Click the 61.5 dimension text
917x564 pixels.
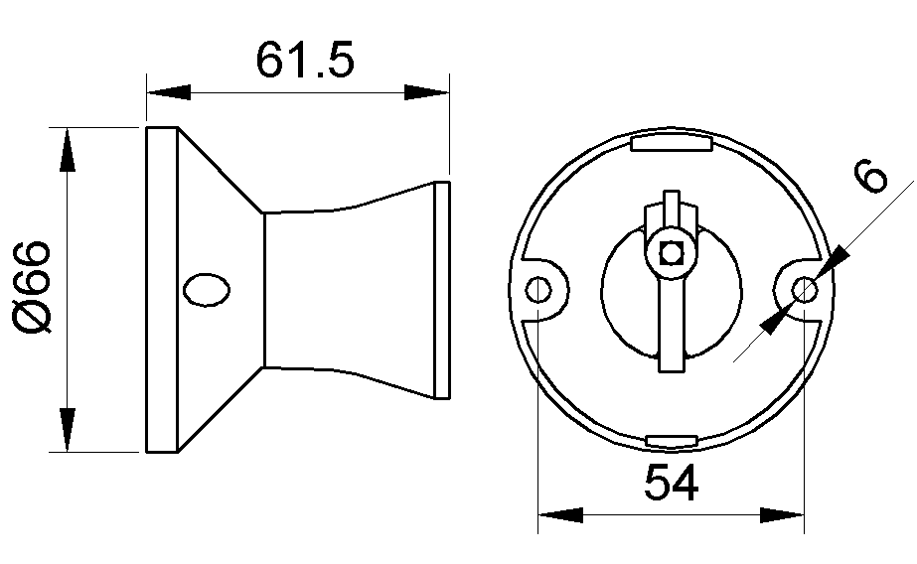[x=304, y=60]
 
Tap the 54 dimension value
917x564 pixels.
[x=672, y=484]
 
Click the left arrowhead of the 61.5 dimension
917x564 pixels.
[x=168, y=93]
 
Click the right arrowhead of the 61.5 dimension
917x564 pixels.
[x=426, y=93]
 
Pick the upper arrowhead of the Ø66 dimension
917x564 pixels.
[x=67, y=150]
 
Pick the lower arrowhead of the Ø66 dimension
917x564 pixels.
[x=67, y=429]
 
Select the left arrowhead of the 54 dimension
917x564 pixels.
[x=559, y=516]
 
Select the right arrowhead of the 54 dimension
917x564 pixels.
[x=782, y=516]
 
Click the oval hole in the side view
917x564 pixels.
[x=207, y=289]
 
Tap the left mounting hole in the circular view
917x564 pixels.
[x=538, y=289]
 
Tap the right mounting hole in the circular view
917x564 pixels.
[x=805, y=289]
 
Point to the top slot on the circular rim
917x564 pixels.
[x=672, y=144]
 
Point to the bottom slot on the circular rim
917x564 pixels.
[x=672, y=440]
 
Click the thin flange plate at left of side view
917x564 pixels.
[x=162, y=289]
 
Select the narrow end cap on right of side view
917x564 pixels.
[x=443, y=289]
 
